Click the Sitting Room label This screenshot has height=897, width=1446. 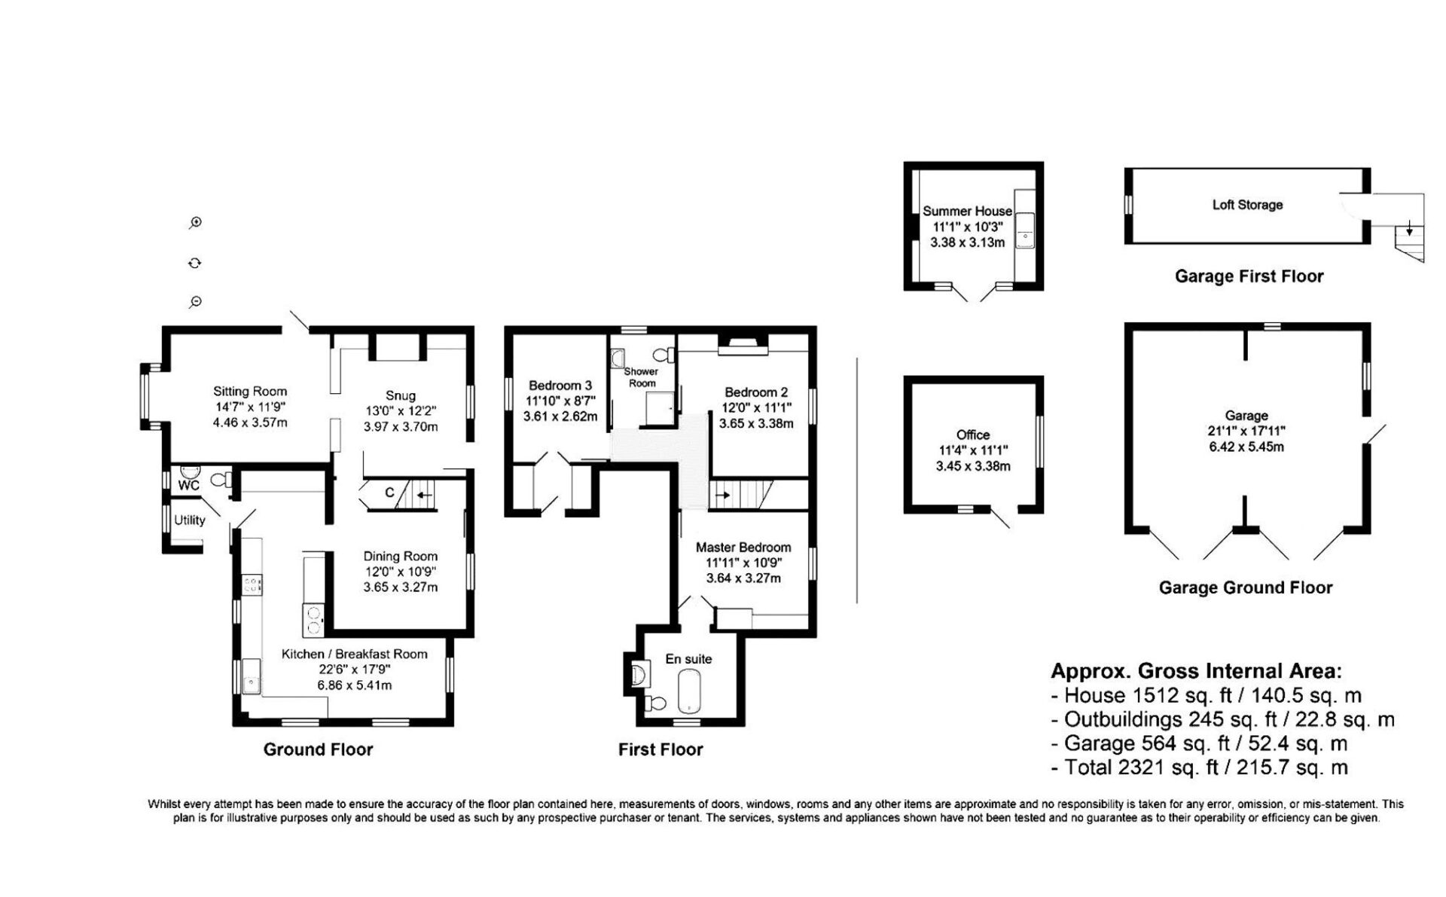pyautogui.click(x=250, y=392)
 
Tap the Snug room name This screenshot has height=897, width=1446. pyautogui.click(x=401, y=395)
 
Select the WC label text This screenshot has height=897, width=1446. pyautogui.click(x=188, y=486)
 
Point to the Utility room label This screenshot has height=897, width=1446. pyautogui.click(x=190, y=520)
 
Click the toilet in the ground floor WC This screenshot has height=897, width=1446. pyautogui.click(x=221, y=480)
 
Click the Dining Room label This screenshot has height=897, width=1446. pyautogui.click(x=401, y=557)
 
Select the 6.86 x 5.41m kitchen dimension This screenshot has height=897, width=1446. pyautogui.click(x=354, y=685)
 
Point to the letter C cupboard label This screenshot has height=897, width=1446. pyautogui.click(x=390, y=493)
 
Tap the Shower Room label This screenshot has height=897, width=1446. pyautogui.click(x=642, y=377)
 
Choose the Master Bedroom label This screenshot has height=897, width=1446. pyautogui.click(x=743, y=548)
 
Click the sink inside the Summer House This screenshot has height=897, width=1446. pyautogui.click(x=1025, y=230)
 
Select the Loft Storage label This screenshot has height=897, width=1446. pyautogui.click(x=1247, y=205)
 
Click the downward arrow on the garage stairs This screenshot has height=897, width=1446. pyautogui.click(x=1409, y=230)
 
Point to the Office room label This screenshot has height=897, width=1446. pyautogui.click(x=973, y=435)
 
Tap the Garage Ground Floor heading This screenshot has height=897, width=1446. pyautogui.click(x=1246, y=587)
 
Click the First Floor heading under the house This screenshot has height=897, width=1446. pyautogui.click(x=660, y=749)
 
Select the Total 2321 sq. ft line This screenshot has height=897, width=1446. pyautogui.click(x=1200, y=767)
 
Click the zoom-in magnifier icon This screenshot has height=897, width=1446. pyautogui.click(x=196, y=223)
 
